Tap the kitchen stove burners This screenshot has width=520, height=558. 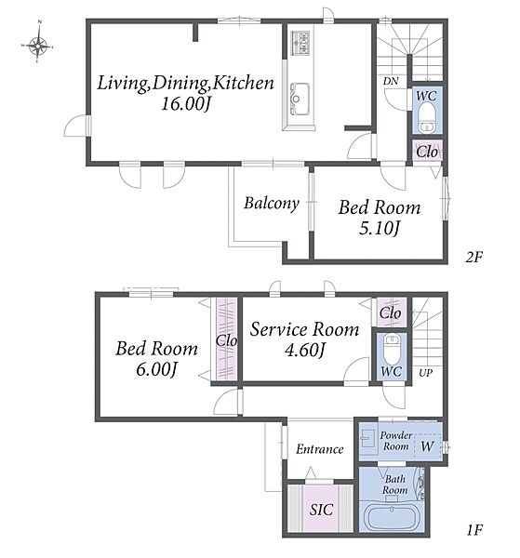pos(300,43)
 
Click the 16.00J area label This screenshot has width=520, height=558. pos(186,104)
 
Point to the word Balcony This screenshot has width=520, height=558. pos(272,204)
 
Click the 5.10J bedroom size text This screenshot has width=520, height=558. pos(380,229)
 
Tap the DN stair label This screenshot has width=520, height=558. pos(391,81)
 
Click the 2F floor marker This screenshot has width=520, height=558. pos(474,257)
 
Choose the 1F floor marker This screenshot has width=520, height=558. pos(474,531)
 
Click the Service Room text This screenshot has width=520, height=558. pos(304,329)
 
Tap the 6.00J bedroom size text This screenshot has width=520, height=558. pos(156,369)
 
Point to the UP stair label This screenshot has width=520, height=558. pos(426,373)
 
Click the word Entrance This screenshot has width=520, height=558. pos(320,449)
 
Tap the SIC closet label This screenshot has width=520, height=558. pos(322,510)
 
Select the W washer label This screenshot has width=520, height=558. pos(428,445)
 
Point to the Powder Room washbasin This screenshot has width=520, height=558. pos(368,439)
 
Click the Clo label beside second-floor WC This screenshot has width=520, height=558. pos(427,152)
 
